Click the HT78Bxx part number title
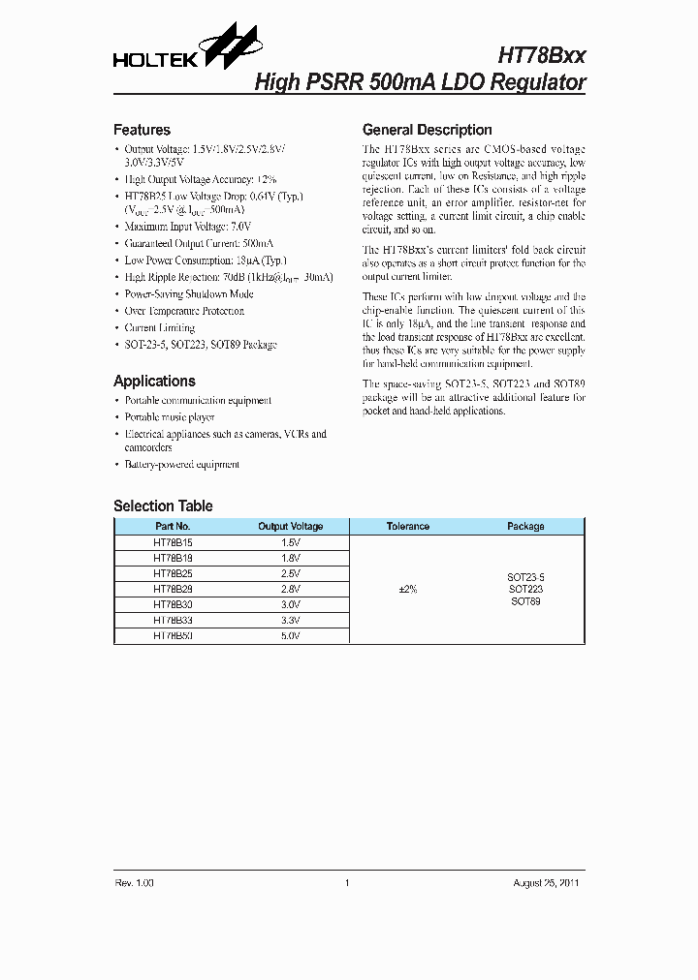point(541,56)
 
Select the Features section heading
point(142,130)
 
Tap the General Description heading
point(427,130)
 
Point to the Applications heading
point(154,382)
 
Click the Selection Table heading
point(163,505)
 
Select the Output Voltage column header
point(290,527)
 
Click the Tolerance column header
point(408,527)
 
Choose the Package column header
point(525,527)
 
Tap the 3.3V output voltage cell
point(290,620)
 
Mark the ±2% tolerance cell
point(408,589)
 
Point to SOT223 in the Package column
point(525,589)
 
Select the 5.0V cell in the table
point(290,635)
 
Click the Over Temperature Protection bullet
point(184,311)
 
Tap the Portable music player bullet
point(170,417)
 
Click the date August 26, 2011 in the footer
point(547,883)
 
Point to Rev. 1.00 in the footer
point(134,883)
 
